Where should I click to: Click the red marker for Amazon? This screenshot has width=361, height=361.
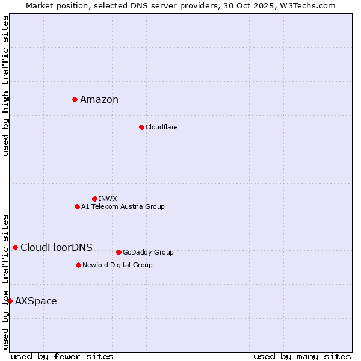75,99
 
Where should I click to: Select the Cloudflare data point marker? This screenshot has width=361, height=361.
141,127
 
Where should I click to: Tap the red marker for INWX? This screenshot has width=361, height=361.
94,199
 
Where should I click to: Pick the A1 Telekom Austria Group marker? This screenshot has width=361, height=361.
77,206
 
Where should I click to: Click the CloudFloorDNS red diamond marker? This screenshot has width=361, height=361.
15,247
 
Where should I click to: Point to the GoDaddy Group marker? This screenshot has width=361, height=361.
119,252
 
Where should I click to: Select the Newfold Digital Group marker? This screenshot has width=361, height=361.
78,265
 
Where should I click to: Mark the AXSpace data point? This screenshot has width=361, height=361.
10,301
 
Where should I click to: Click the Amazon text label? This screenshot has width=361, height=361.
99,100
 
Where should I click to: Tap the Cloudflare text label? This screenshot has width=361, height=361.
161,127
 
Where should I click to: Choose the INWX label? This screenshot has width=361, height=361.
108,199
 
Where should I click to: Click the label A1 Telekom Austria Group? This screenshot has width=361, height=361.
123,206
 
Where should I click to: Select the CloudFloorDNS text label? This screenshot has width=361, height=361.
57,248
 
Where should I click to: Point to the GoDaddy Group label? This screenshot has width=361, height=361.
148,252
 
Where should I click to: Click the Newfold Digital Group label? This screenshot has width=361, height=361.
117,265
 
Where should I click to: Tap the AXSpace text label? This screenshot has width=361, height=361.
36,301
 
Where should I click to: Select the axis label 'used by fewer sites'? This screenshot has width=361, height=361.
62,356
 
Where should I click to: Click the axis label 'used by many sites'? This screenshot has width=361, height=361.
302,356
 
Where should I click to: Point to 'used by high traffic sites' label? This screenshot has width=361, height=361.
5,85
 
